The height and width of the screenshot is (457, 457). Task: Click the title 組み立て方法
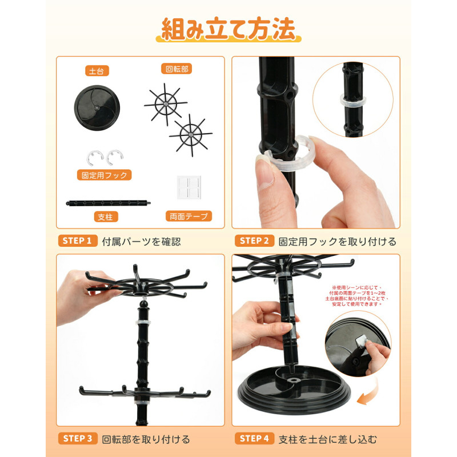pos(228,29)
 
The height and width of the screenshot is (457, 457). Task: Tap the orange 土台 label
pos(97,71)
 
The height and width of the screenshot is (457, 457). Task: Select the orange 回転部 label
pos(177,69)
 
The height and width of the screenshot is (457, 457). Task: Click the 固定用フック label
pos(105,175)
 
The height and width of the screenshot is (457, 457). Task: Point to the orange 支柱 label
pos(106,217)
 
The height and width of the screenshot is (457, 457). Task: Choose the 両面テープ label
pos(189,217)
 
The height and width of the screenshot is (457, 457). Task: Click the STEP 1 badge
pos(78,240)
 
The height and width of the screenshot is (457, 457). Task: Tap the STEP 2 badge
pos(254,240)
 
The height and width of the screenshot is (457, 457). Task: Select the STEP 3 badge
pos(78,438)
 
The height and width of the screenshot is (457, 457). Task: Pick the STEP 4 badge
pos(254,438)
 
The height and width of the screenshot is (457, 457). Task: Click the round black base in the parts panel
pos(97,107)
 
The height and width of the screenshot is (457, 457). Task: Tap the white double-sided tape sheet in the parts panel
pos(189,187)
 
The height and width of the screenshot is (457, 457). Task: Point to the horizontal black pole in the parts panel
pos(109,203)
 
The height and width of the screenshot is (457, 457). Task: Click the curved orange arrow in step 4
pos(370,394)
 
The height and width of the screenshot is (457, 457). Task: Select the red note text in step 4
pos(357,296)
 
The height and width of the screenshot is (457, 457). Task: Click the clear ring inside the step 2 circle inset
pos(352,101)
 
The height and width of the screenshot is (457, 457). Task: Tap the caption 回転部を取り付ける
pos(146,439)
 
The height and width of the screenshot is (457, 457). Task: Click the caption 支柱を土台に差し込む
pos(327,439)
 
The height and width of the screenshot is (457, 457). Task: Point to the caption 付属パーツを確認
pos(141,242)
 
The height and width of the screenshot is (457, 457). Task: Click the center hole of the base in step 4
pos(293,380)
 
